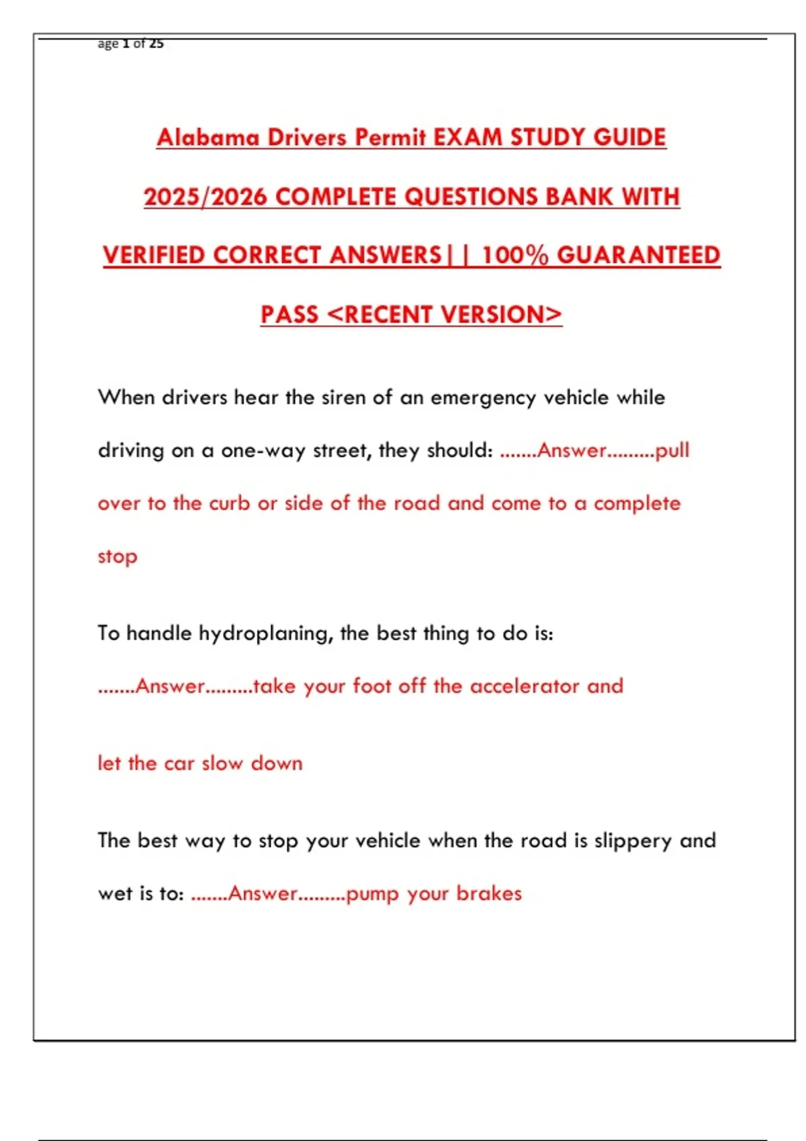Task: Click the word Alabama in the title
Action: (x=208, y=138)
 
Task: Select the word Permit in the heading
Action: (x=390, y=138)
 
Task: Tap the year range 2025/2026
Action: (x=206, y=197)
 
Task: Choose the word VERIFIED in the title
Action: (x=154, y=255)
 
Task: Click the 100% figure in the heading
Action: (x=515, y=255)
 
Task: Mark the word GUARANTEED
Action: (x=638, y=255)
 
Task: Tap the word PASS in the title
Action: (x=289, y=314)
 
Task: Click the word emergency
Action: (x=483, y=398)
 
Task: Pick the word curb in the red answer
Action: (x=229, y=503)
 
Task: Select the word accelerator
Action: (x=525, y=686)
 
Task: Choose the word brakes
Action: (x=489, y=893)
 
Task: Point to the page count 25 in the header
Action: (x=156, y=44)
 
